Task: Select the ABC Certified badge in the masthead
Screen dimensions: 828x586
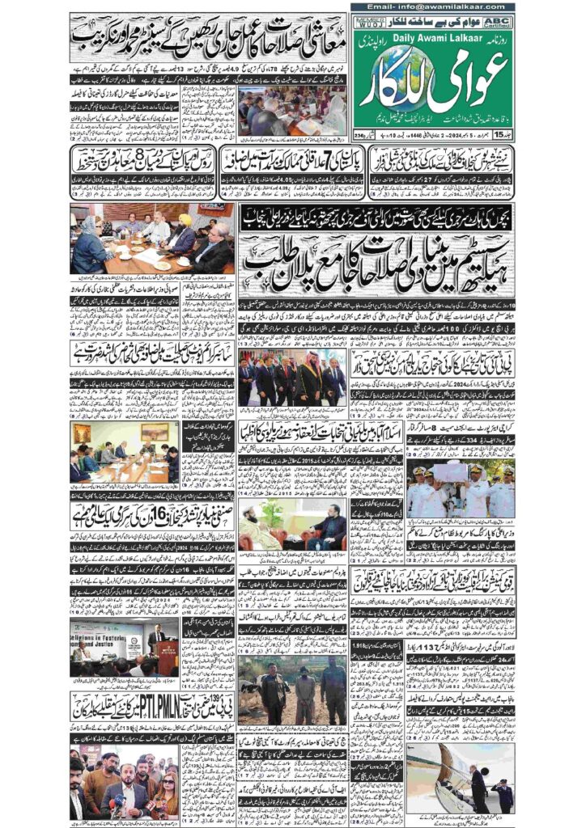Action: (499, 20)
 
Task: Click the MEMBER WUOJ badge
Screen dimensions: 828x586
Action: (367, 20)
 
